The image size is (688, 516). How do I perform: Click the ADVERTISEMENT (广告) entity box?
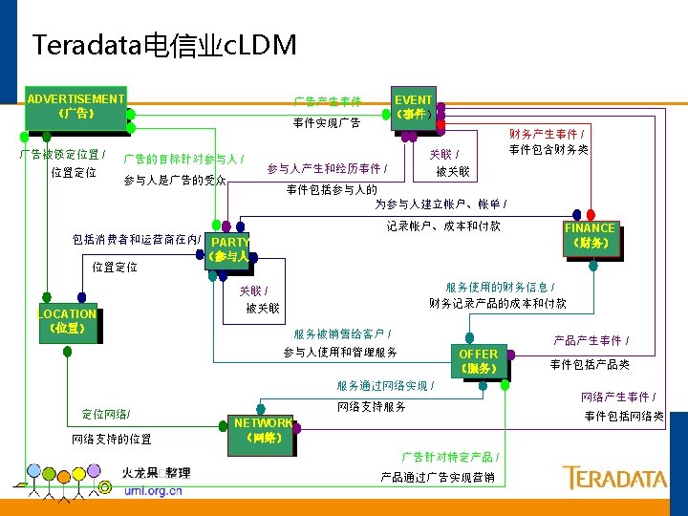click(75, 106)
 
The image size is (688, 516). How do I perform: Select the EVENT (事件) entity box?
click(414, 107)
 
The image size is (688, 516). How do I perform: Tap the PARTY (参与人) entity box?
click(229, 249)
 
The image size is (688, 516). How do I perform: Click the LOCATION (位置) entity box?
click(67, 321)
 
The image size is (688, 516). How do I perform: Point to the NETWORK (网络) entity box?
click(263, 430)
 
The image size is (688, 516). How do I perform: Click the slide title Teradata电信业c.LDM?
click(164, 45)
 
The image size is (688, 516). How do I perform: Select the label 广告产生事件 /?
click(327, 100)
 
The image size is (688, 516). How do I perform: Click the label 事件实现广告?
click(327, 122)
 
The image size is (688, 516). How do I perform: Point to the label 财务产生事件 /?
click(548, 134)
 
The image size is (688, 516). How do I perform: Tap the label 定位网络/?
click(106, 414)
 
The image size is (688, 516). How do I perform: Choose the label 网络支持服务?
click(372, 407)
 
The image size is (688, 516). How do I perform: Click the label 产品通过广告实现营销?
click(438, 477)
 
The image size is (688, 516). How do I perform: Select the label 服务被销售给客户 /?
click(341, 333)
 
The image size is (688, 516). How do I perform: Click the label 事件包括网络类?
click(624, 417)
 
